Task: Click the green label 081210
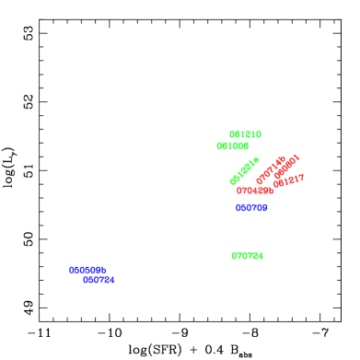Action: point(245,134)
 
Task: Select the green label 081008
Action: point(232,146)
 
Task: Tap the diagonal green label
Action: point(244,171)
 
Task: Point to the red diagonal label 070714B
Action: point(271,169)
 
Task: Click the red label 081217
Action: point(288,180)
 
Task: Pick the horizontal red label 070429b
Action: point(255,192)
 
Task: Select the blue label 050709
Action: point(251,208)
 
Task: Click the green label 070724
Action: point(247,256)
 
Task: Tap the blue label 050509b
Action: point(87,271)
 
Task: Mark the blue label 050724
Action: point(99,280)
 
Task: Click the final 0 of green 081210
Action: point(259,134)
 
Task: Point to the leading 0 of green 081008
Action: point(219,146)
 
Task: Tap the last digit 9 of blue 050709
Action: point(264,208)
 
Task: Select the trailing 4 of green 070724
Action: point(261,256)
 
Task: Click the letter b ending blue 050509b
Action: point(104,271)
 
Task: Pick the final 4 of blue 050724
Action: point(111,280)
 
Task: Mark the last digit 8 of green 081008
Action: point(246,146)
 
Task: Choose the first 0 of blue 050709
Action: point(238,208)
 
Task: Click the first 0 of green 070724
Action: point(234,256)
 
